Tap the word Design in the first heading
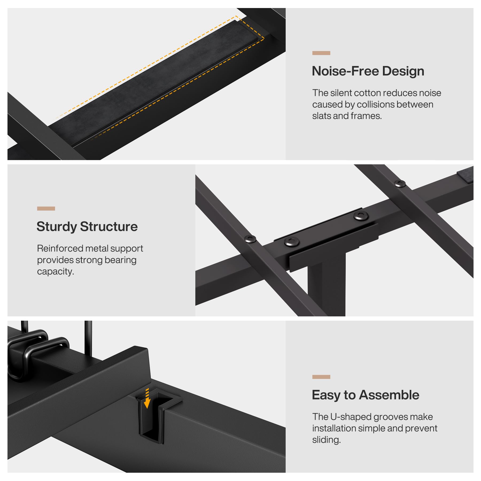[403, 72]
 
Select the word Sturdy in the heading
[56, 227]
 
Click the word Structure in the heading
[109, 227]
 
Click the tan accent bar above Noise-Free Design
[321, 53]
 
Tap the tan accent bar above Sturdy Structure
[46, 208]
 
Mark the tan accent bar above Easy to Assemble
[321, 377]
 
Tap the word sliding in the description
[327, 440]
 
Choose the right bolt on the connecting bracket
[361, 216]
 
